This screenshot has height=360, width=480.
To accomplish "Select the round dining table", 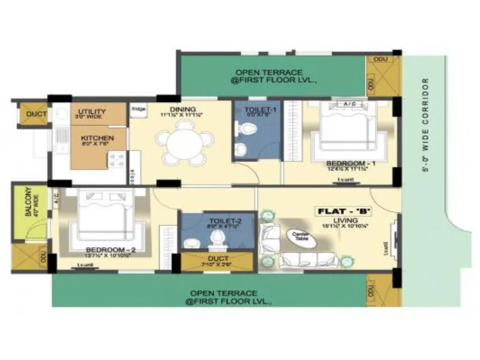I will coord(184,140).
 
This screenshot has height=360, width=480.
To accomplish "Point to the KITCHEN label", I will coord(97,138).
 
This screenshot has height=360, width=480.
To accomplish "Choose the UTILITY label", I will coord(92,112).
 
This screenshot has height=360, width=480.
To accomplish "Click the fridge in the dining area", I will coord(139,110).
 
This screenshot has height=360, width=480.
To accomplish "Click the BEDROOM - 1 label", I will coord(350,163).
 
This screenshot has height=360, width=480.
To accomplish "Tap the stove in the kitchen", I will coord(116,159).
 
